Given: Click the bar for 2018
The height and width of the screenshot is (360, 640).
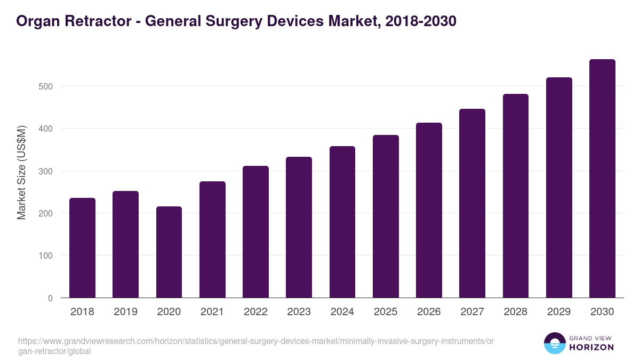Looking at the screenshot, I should point(82,248).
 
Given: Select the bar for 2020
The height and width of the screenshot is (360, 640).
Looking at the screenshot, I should point(169,252).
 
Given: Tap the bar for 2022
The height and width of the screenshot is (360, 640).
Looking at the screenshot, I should point(255,232).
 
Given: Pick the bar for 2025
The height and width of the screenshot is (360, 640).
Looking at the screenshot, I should point(386,217).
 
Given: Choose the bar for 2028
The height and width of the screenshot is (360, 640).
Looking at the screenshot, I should point(516,196).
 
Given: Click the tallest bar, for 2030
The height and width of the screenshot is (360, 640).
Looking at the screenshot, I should point(602,179).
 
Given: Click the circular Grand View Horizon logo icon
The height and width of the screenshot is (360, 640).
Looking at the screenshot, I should point(554,343).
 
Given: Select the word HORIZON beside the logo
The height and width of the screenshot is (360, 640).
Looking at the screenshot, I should point(591,348).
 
